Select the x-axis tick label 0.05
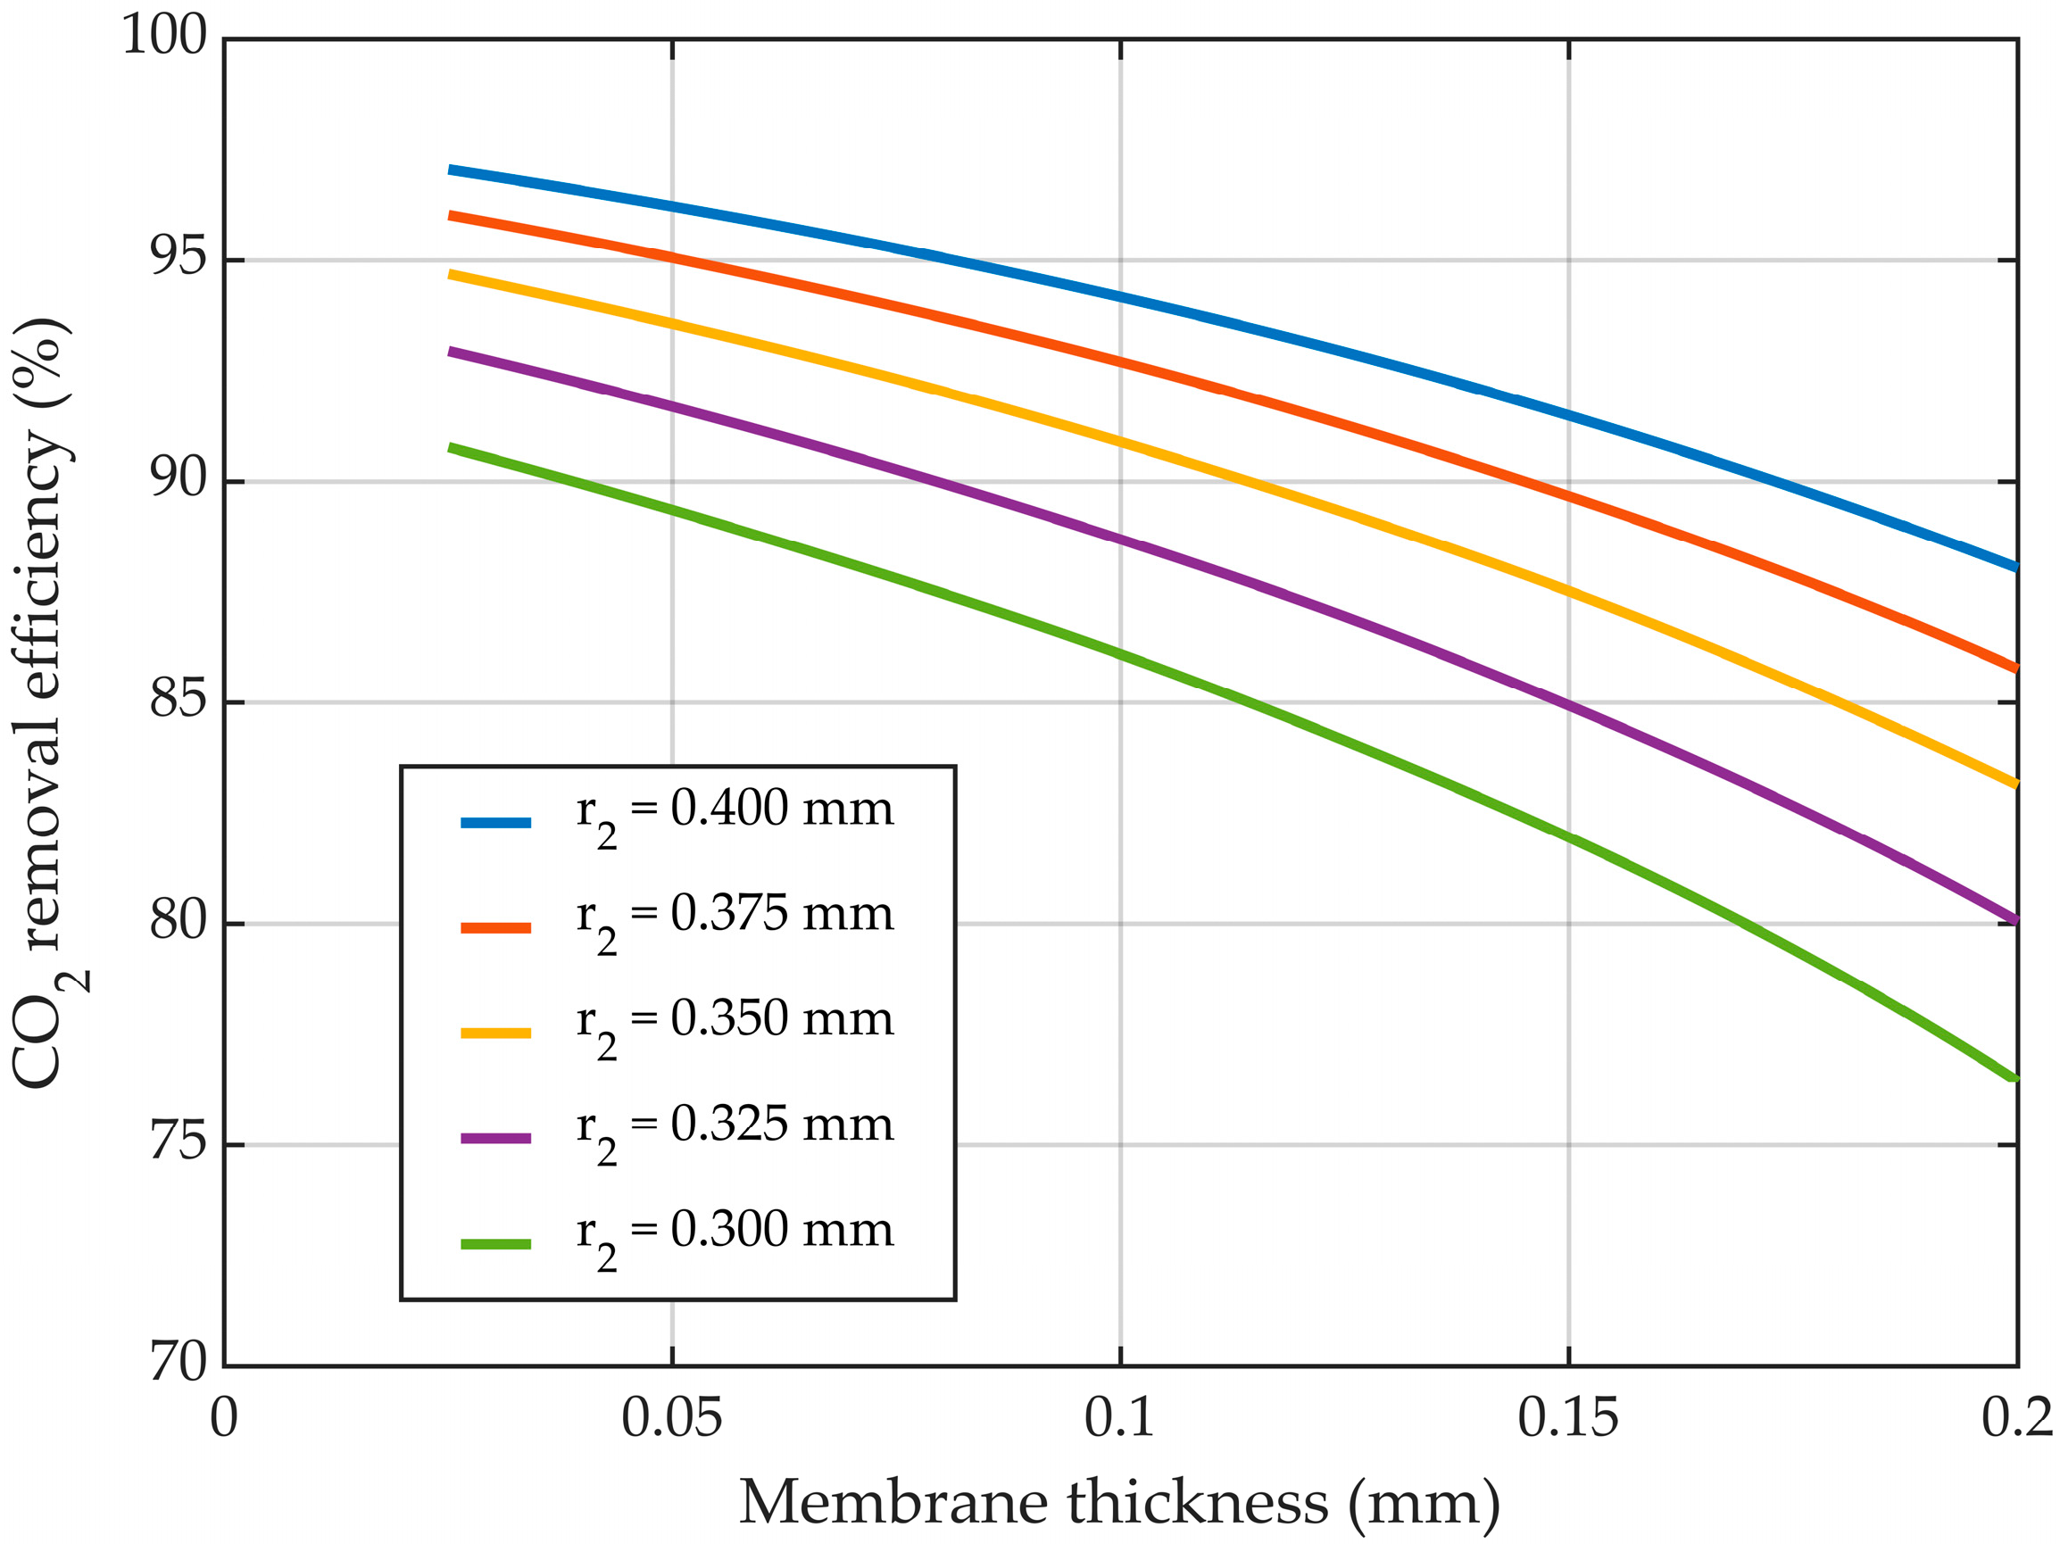(671, 1418)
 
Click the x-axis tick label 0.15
(1568, 1418)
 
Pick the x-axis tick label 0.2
(2016, 1418)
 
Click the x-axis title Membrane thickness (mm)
(1119, 1502)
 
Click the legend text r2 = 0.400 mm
(735, 810)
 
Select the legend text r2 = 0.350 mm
(735, 1021)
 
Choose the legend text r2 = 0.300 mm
(735, 1232)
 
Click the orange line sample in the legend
(495, 927)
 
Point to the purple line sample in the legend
(495, 1138)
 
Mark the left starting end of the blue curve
(451, 170)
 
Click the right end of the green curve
(2015, 1077)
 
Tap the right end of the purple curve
(2015, 920)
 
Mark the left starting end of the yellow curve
(451, 275)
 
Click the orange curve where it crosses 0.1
(1120, 362)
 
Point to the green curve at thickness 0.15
(1569, 836)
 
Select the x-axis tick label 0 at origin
(223, 1418)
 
